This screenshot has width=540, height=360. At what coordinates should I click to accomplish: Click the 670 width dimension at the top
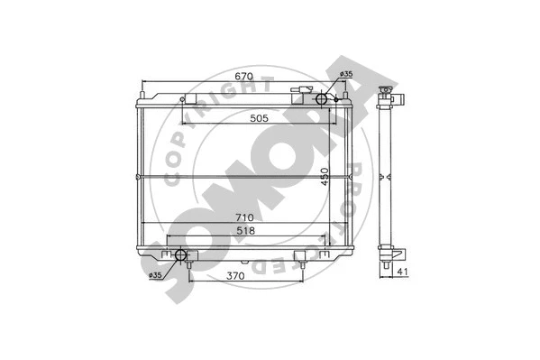pos(241,78)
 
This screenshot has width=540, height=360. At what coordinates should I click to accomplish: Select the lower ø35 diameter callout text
pos(155,274)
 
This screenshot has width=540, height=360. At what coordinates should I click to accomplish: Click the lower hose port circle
pos(181,254)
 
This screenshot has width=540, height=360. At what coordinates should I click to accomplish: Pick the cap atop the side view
pos(387,90)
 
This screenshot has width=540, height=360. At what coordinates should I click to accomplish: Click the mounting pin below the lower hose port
pos(188,268)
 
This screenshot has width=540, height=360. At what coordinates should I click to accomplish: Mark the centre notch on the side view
pos(382,174)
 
